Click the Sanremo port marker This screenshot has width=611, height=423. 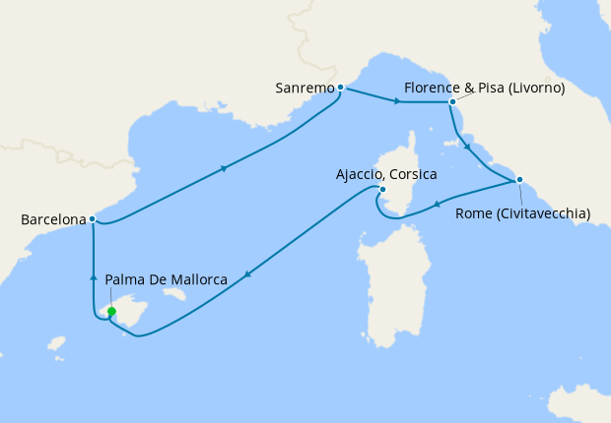[x=340, y=88]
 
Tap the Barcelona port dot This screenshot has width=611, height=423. [x=92, y=219]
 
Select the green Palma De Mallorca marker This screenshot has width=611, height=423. [x=111, y=312]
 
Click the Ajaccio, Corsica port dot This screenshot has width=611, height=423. [x=382, y=189]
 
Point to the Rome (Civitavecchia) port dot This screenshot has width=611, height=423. [x=519, y=180]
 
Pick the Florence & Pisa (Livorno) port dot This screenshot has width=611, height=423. [x=451, y=101]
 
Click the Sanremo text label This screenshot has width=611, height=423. [x=305, y=89]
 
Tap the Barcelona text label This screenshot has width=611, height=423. [x=52, y=220]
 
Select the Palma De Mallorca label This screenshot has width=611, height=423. [x=167, y=280]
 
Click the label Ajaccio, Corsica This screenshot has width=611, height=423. [x=386, y=174]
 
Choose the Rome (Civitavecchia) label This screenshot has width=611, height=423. [x=522, y=212]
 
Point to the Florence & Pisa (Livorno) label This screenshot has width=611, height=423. [x=483, y=88]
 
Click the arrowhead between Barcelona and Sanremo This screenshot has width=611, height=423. [x=225, y=168]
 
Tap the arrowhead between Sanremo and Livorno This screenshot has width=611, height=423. [x=395, y=100]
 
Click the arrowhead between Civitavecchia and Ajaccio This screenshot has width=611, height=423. [x=436, y=205]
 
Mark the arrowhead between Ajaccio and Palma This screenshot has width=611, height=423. [x=245, y=273]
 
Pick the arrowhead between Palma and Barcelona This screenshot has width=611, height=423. [x=92, y=277]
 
